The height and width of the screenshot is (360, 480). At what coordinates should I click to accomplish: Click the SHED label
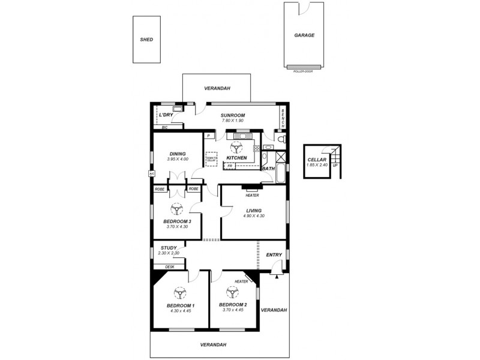(146, 40)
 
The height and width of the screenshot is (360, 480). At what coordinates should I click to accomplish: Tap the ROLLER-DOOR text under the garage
(304, 71)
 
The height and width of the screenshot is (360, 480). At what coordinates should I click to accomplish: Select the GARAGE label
(304, 35)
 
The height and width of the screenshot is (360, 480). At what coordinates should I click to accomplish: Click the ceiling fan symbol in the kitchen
(237, 146)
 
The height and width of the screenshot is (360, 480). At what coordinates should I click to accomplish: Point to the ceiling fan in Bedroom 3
(177, 209)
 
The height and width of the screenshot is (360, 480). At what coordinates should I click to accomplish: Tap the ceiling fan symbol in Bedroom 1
(179, 293)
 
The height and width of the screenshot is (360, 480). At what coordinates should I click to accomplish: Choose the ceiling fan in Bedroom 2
(232, 293)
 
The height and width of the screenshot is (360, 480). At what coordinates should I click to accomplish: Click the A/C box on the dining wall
(151, 173)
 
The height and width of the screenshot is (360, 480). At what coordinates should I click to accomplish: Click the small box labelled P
(209, 136)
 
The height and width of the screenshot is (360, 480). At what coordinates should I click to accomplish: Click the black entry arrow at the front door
(276, 275)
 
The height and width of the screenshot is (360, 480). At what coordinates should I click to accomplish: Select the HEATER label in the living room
(252, 195)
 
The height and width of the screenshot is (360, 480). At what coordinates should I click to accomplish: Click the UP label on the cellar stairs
(335, 165)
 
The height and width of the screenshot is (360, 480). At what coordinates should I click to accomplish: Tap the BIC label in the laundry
(164, 127)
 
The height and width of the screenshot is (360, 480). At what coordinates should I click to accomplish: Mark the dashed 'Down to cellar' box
(211, 158)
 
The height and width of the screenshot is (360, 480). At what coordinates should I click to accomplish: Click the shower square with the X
(280, 158)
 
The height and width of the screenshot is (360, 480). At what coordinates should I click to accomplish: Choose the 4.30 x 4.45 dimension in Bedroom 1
(179, 311)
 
